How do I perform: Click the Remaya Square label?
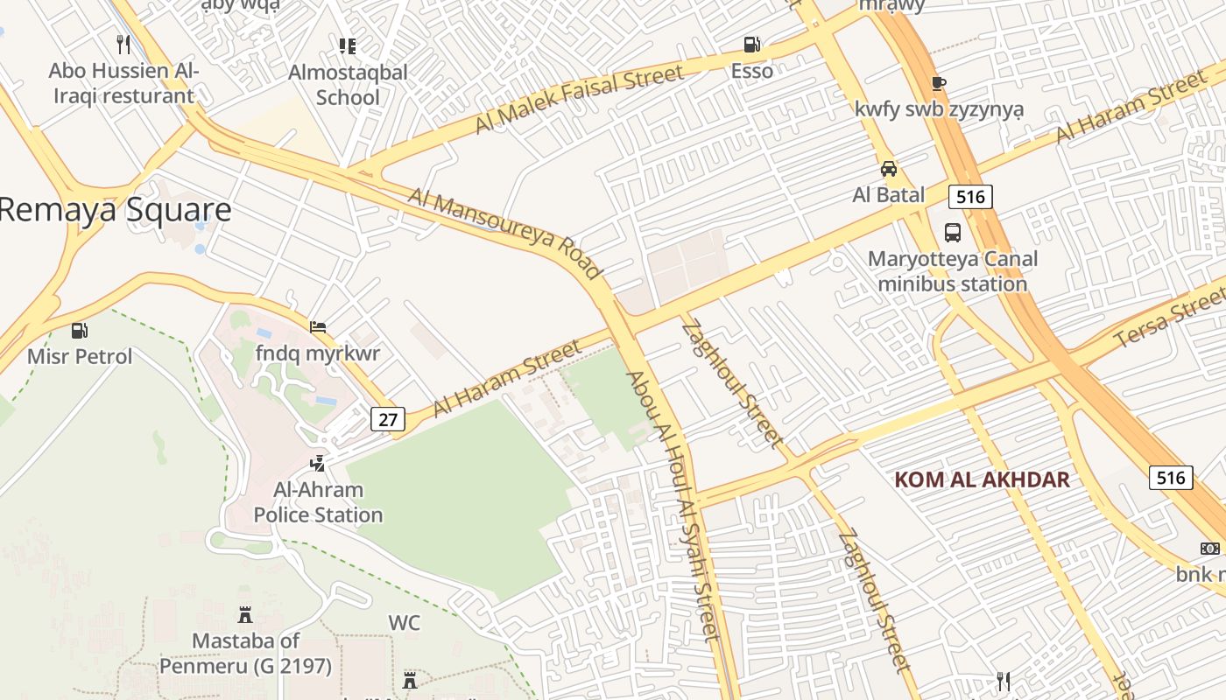pyautogui.click(x=116, y=210)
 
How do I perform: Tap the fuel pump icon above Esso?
pyautogui.click(x=751, y=44)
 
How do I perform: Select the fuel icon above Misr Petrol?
pyautogui.click(x=80, y=331)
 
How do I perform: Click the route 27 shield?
pyautogui.click(x=388, y=419)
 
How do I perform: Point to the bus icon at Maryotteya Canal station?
pyautogui.click(x=953, y=233)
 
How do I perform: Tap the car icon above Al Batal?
pyautogui.click(x=888, y=169)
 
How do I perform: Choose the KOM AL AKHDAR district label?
pyautogui.click(x=982, y=479)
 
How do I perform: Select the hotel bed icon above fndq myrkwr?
pyautogui.click(x=317, y=327)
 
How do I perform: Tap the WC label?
pyautogui.click(x=404, y=623)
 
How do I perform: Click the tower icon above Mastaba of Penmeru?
pyautogui.click(x=245, y=615)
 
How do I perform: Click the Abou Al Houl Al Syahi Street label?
pyautogui.click(x=672, y=506)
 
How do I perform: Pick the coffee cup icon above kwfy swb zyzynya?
pyautogui.click(x=939, y=84)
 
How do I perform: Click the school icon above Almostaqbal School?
pyautogui.click(x=348, y=45)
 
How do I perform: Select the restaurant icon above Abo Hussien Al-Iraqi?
pyautogui.click(x=123, y=44)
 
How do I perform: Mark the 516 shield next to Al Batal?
pyautogui.click(x=970, y=197)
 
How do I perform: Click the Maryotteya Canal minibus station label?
pyautogui.click(x=953, y=271)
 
